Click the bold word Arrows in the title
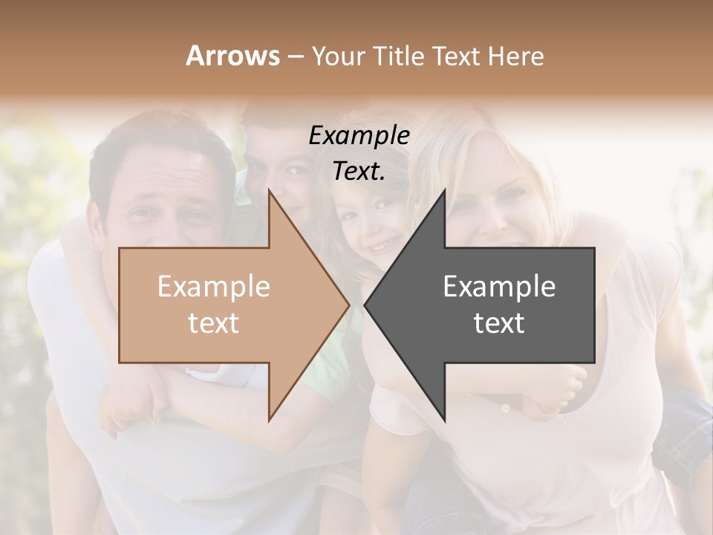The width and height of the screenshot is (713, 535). pyautogui.click(x=232, y=56)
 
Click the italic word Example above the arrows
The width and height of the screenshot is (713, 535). pyautogui.click(x=359, y=135)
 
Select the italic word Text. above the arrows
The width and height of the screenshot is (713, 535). pyautogui.click(x=359, y=171)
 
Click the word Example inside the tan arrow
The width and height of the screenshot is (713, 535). pyautogui.click(x=213, y=287)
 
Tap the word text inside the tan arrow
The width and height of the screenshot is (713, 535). pyautogui.click(x=213, y=323)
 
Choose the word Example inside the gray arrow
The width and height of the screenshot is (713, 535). pyautogui.click(x=499, y=287)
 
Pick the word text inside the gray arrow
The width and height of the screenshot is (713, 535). pyautogui.click(x=499, y=323)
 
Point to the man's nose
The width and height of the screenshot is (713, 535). pyautogui.click(x=168, y=223)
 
